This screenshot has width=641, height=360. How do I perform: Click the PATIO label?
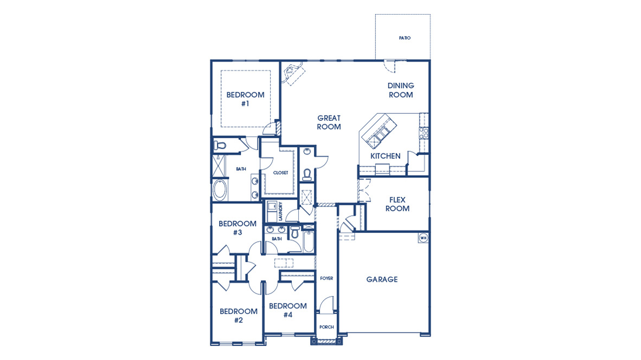click(x=405, y=38)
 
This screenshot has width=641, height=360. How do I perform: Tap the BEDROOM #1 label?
click(x=245, y=99)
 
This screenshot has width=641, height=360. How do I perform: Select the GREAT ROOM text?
click(x=329, y=122)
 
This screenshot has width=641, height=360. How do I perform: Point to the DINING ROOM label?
click(x=400, y=90)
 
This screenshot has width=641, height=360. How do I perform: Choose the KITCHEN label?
click(x=385, y=156)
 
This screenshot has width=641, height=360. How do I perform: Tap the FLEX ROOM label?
click(x=397, y=204)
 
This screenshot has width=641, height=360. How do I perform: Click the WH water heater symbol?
click(x=423, y=237)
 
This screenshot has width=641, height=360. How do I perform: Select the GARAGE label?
click(x=381, y=279)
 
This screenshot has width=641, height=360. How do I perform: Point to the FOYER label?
click(x=326, y=278)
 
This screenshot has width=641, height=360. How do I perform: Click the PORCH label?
click(x=326, y=327)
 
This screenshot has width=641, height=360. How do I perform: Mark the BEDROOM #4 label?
click(x=287, y=310)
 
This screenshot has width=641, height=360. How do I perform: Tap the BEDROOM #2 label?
click(x=238, y=316)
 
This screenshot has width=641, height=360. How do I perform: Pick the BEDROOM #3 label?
click(x=237, y=228)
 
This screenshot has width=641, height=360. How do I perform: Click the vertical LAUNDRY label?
click(x=280, y=211)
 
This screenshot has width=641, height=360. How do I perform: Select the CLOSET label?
click(x=280, y=173)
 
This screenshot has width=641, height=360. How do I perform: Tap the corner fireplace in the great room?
click(x=292, y=73)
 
